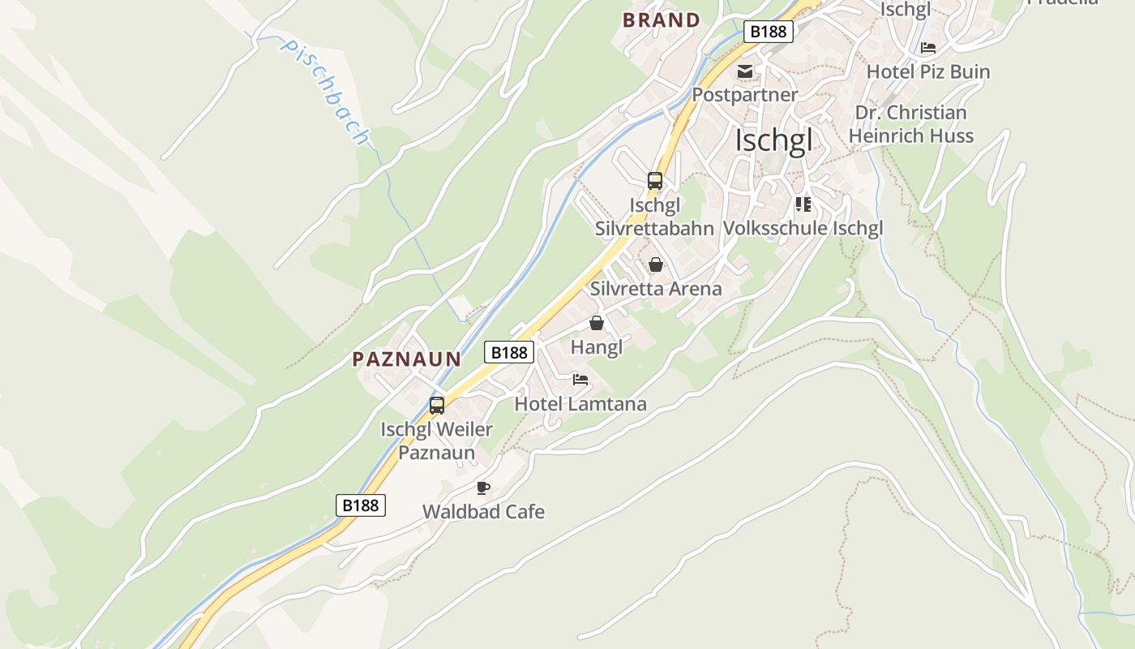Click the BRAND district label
661,20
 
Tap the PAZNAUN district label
406,359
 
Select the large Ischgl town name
773,140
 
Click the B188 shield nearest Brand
768,32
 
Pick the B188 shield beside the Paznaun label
509,352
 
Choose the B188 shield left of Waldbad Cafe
360,505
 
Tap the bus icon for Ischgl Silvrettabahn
655,181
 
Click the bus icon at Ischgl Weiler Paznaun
437,406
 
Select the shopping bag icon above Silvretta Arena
656,264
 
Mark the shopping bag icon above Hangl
597,324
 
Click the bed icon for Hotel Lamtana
580,380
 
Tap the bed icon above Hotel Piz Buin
928,48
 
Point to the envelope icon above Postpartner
744,71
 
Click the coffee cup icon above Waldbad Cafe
483,488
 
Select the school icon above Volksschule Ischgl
803,204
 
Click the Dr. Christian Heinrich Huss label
910,124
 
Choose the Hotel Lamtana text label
580,404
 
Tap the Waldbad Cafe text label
483,512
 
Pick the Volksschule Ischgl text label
803,229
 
